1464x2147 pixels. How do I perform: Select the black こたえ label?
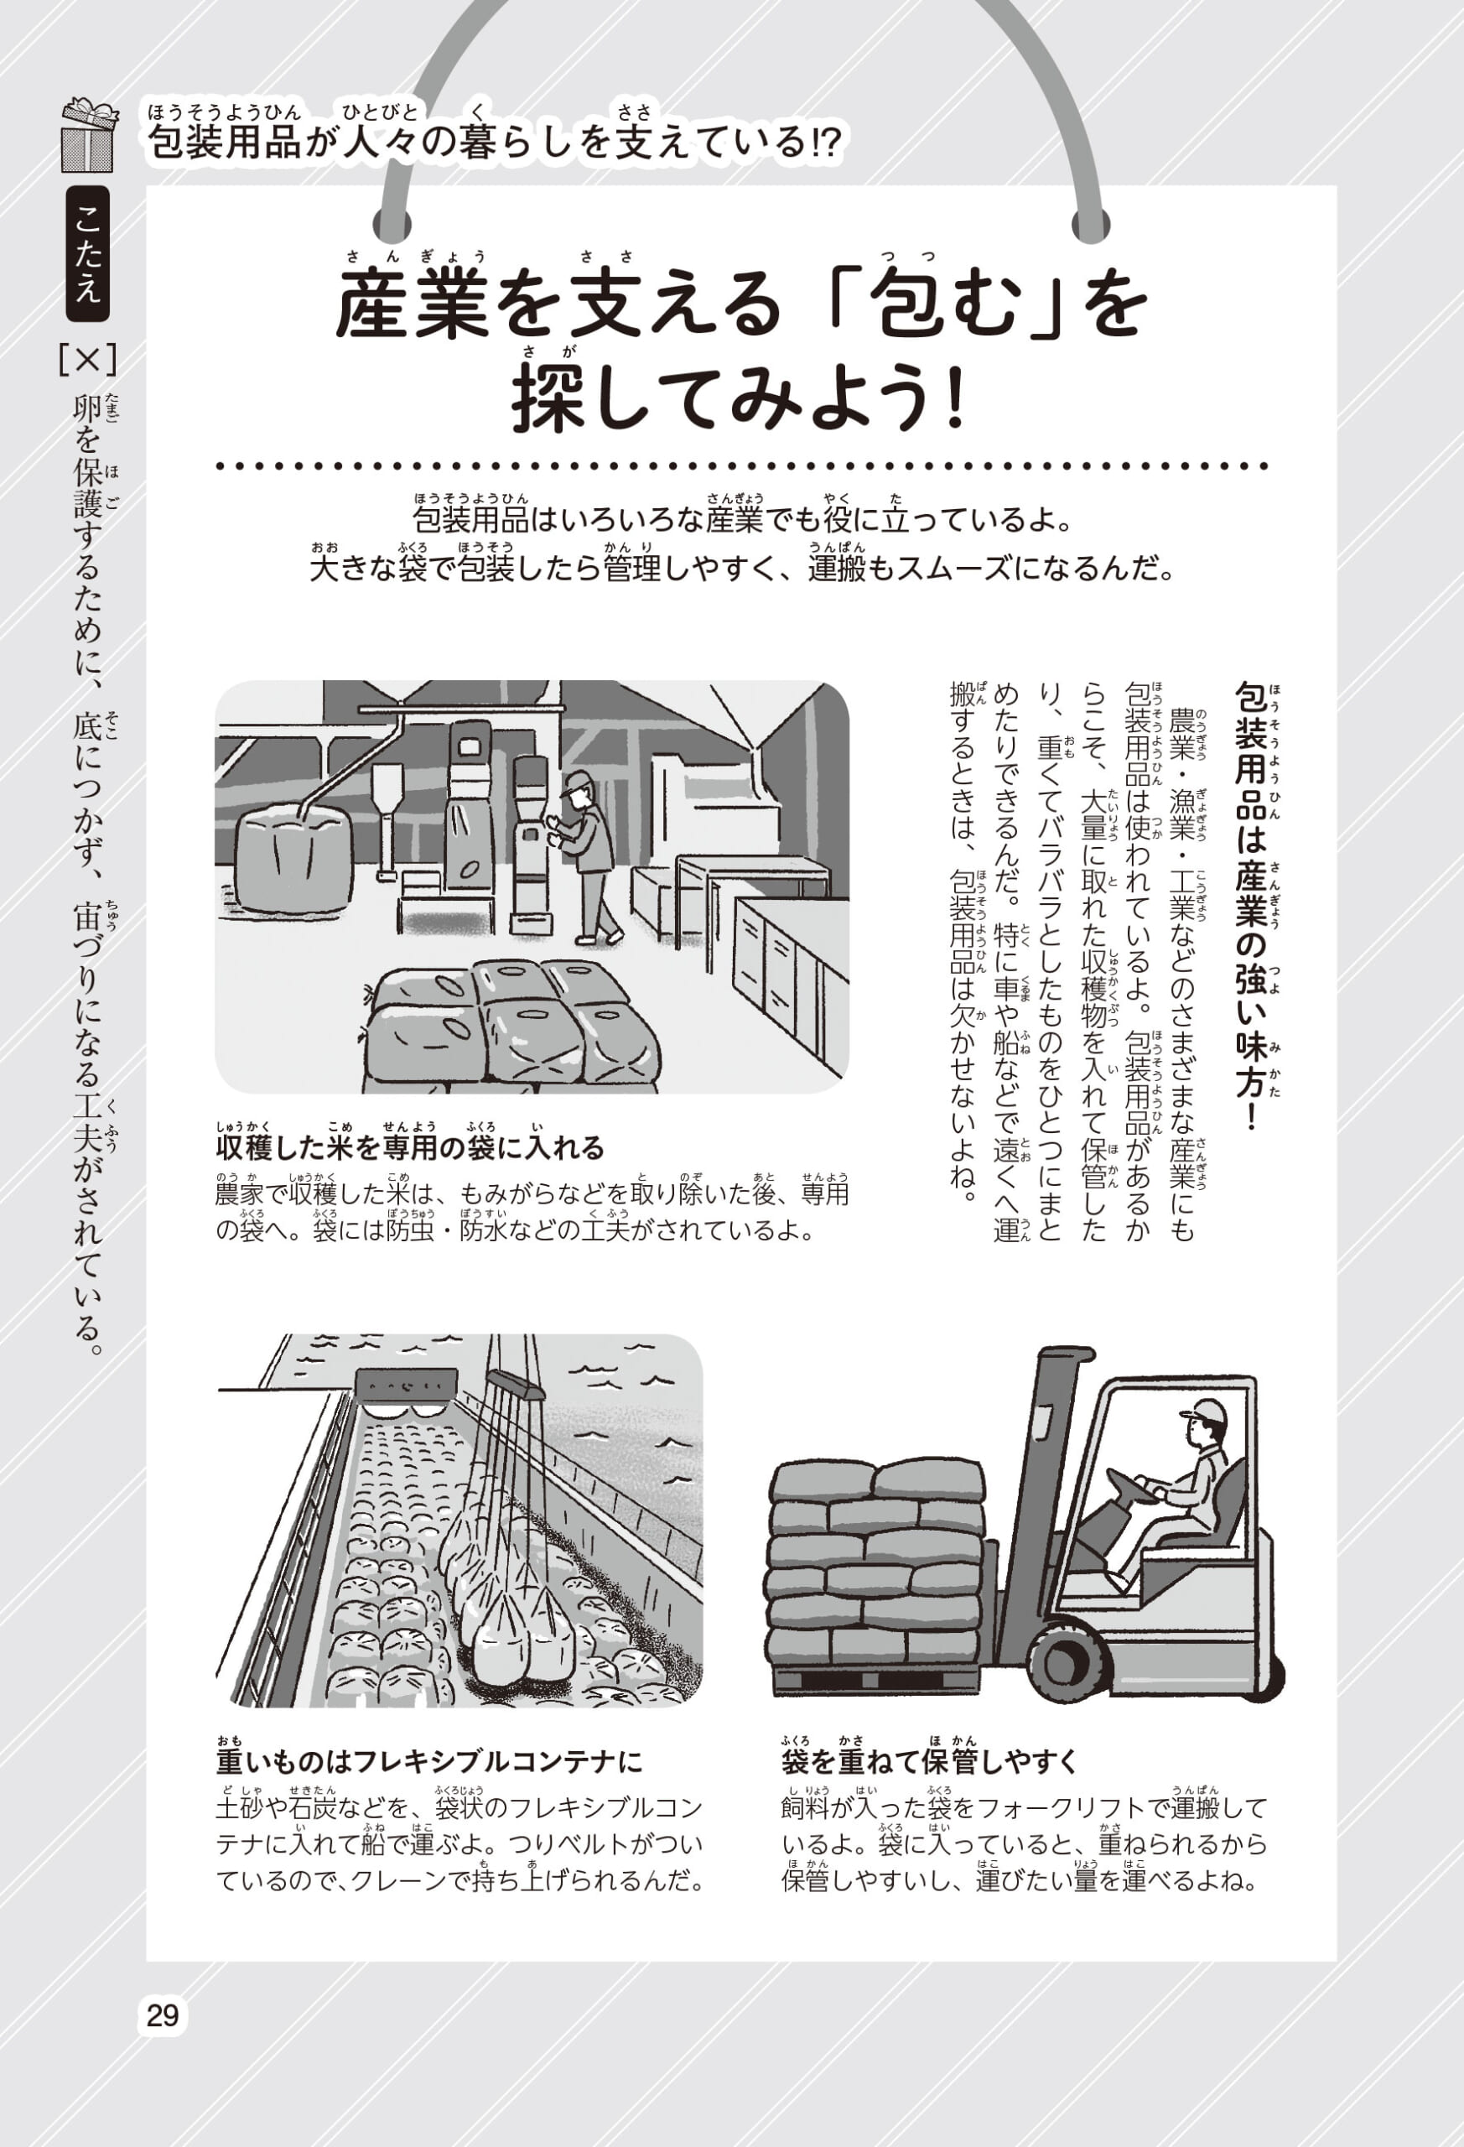point(88,253)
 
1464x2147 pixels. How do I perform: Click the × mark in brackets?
point(87,361)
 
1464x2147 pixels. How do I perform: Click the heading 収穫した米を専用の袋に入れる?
point(410,1147)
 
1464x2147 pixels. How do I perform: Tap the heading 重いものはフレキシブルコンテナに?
point(429,1761)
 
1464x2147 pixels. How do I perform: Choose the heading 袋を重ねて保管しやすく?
point(930,1761)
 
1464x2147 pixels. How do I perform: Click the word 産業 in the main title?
point(412,306)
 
